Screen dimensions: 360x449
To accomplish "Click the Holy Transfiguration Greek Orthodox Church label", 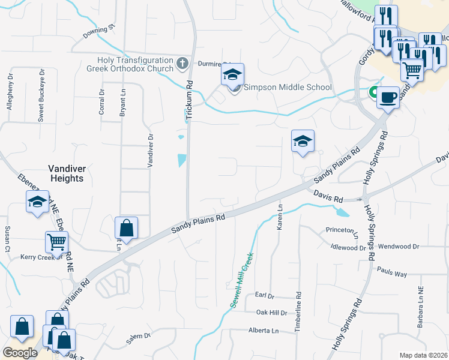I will [x=136, y=64].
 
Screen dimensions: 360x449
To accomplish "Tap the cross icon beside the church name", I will [x=183, y=62].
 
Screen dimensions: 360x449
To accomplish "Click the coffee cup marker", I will [x=388, y=98].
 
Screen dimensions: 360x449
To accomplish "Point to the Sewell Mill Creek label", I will [x=243, y=280].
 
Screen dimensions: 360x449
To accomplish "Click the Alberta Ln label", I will [x=264, y=331].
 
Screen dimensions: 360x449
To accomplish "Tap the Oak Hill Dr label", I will [x=272, y=313].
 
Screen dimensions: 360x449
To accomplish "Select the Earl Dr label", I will [x=264, y=296].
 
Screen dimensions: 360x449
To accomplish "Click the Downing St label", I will [x=99, y=32].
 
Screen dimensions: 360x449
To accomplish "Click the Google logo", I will [x=20, y=353].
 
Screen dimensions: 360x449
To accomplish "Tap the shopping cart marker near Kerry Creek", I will [x=56, y=242].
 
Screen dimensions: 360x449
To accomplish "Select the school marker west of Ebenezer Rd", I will [x=37, y=202].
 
